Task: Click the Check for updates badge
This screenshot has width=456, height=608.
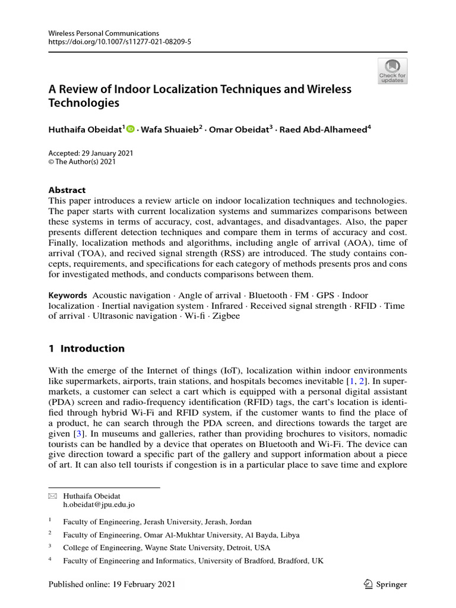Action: (392, 71)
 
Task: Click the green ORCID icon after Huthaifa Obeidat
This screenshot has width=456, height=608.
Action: (131, 128)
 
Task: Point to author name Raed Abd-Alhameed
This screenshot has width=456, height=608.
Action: (324, 129)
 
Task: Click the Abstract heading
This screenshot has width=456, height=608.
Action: (66, 190)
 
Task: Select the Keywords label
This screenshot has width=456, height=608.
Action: (67, 295)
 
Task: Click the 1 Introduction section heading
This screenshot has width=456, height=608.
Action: (87, 349)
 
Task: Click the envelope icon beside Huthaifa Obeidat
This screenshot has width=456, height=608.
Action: (51, 495)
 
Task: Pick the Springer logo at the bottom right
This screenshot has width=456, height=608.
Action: (385, 584)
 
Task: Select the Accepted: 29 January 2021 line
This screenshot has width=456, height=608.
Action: (91, 153)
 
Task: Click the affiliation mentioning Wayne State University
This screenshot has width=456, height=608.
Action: (166, 547)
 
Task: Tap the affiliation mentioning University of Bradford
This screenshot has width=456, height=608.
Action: (193, 560)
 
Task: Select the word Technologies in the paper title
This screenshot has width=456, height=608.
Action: (84, 103)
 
